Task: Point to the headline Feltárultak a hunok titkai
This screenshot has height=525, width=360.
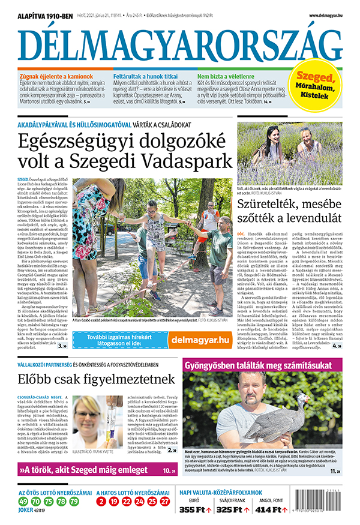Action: [x=146, y=77]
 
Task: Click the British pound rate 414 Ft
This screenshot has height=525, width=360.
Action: [x=271, y=510]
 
